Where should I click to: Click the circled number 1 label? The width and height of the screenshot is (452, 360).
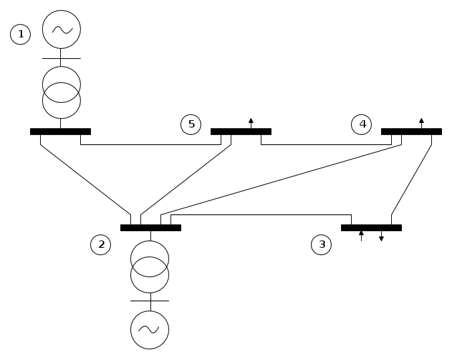coord(21,34)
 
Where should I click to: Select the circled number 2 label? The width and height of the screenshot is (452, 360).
coord(101,244)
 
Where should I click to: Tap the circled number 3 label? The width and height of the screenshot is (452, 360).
coord(322,244)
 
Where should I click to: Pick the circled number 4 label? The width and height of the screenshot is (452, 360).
coord(362,124)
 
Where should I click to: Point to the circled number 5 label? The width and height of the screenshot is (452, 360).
coord(191,124)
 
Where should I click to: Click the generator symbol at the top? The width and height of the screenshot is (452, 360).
coord(62,29)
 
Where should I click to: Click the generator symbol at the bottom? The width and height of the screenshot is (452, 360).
coord(150,329)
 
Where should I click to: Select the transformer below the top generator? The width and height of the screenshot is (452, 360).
coord(62,92)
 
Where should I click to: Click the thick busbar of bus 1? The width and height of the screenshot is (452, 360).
coord(60,132)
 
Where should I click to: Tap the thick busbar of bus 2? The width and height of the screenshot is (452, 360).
coord(150,228)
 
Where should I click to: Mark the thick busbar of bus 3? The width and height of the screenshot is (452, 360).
coord(371,228)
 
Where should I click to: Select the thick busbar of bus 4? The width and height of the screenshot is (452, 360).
coord(411,132)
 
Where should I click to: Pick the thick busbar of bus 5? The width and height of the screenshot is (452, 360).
coord(241,132)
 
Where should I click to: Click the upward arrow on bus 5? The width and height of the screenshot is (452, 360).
coord(251,122)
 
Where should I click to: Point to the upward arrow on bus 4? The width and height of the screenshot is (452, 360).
coord(421,122)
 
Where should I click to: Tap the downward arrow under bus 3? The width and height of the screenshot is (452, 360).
coord(381,236)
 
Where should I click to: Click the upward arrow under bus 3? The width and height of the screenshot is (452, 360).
coord(361,235)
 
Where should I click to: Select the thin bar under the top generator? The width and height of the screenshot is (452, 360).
coord(62,58)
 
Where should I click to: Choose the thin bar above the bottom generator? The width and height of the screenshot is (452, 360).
coord(150,301)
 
